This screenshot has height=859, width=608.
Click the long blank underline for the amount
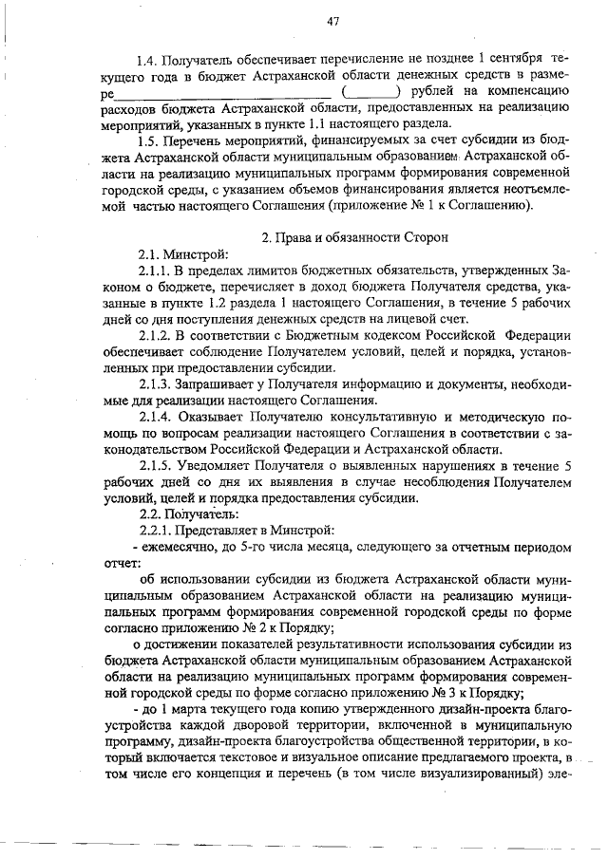click(x=222, y=94)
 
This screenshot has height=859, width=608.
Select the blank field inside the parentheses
click(x=370, y=94)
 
